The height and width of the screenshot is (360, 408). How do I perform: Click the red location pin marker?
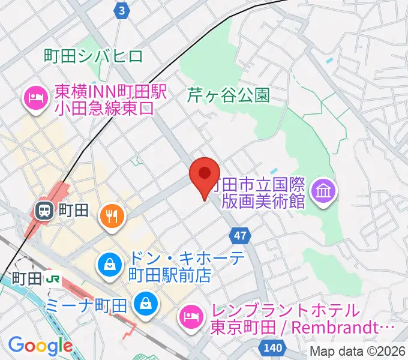[204, 175]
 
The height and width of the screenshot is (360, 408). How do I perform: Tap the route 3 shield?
[122, 11]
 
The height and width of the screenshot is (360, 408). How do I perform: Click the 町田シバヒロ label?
[94, 57]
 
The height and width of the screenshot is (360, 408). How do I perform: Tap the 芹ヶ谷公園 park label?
[229, 95]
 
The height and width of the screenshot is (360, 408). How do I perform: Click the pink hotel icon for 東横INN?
[36, 99]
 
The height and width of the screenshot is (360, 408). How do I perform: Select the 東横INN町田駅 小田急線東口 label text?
[105, 99]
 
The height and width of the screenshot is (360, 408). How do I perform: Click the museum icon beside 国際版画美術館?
[325, 192]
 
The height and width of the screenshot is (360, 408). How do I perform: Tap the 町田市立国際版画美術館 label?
[263, 192]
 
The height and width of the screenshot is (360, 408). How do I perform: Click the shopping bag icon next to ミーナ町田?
[145, 303]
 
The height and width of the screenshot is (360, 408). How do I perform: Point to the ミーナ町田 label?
[88, 304]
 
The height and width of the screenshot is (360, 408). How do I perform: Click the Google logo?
[40, 346]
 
